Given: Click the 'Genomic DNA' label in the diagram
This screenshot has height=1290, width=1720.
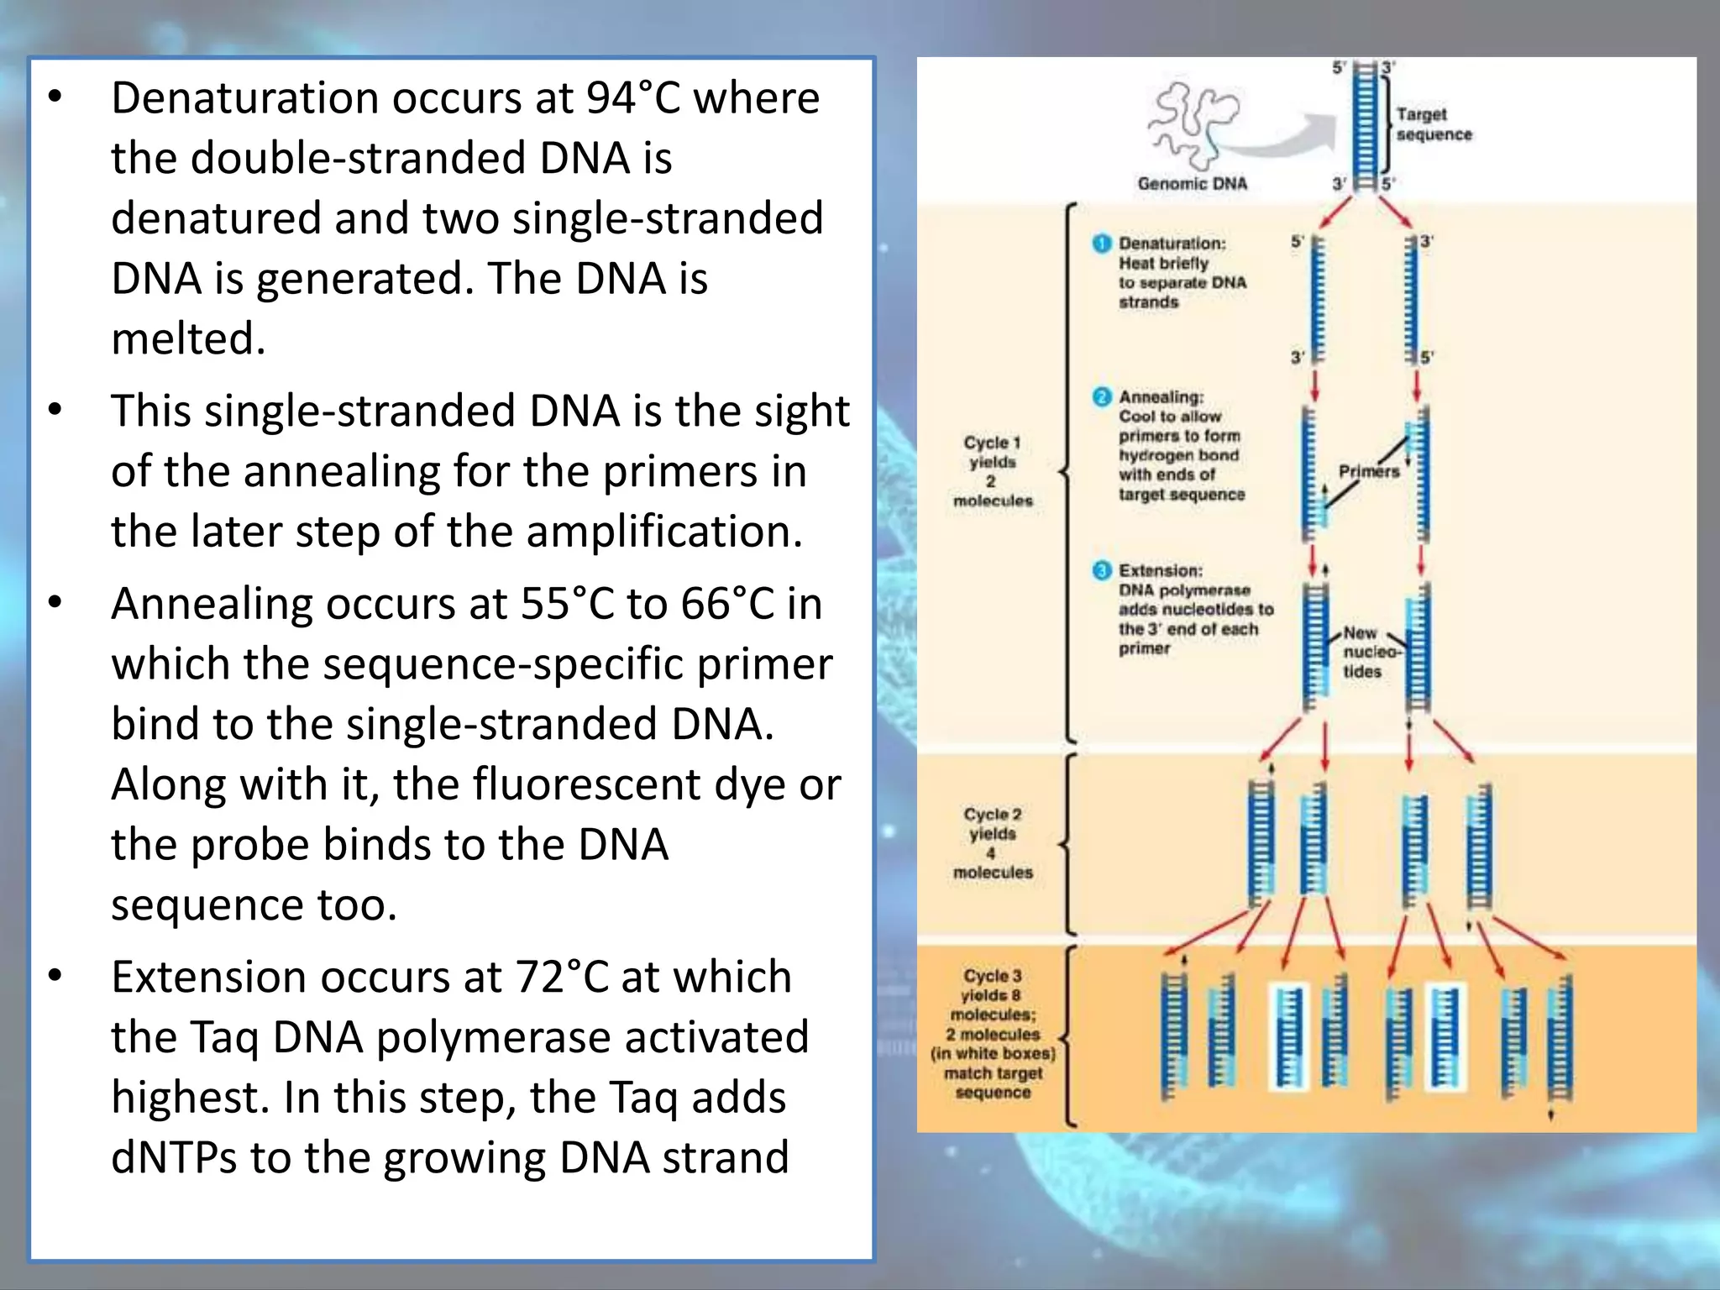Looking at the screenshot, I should [x=1192, y=183].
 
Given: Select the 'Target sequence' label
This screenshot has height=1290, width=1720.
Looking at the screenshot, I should [x=1432, y=124].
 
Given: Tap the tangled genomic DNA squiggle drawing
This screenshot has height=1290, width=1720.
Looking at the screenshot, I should [x=1191, y=126].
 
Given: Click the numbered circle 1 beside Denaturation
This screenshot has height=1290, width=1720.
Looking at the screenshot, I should [x=1101, y=244].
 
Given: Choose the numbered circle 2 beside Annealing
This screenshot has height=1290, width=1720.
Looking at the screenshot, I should [x=1101, y=396].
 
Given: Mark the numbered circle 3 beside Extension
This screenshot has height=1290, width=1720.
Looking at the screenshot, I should [x=1101, y=570].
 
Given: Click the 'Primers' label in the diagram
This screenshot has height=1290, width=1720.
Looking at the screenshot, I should [x=1368, y=471].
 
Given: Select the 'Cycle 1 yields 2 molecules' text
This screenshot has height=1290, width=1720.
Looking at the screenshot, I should [x=992, y=471].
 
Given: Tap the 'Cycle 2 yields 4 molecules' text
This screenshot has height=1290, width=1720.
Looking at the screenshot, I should [x=992, y=843].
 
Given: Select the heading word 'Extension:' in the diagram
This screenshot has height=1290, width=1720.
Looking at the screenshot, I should [x=1160, y=570].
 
